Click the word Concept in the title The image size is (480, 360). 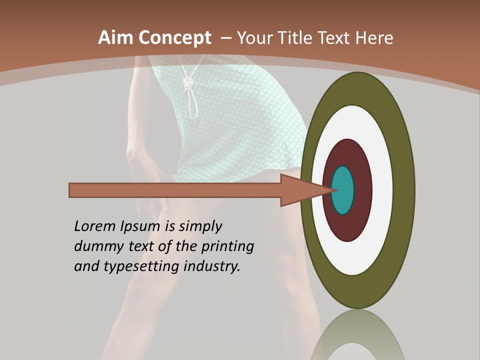[x=175, y=37]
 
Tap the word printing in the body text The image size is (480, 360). [x=227, y=247]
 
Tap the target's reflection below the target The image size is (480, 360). [x=357, y=337]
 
